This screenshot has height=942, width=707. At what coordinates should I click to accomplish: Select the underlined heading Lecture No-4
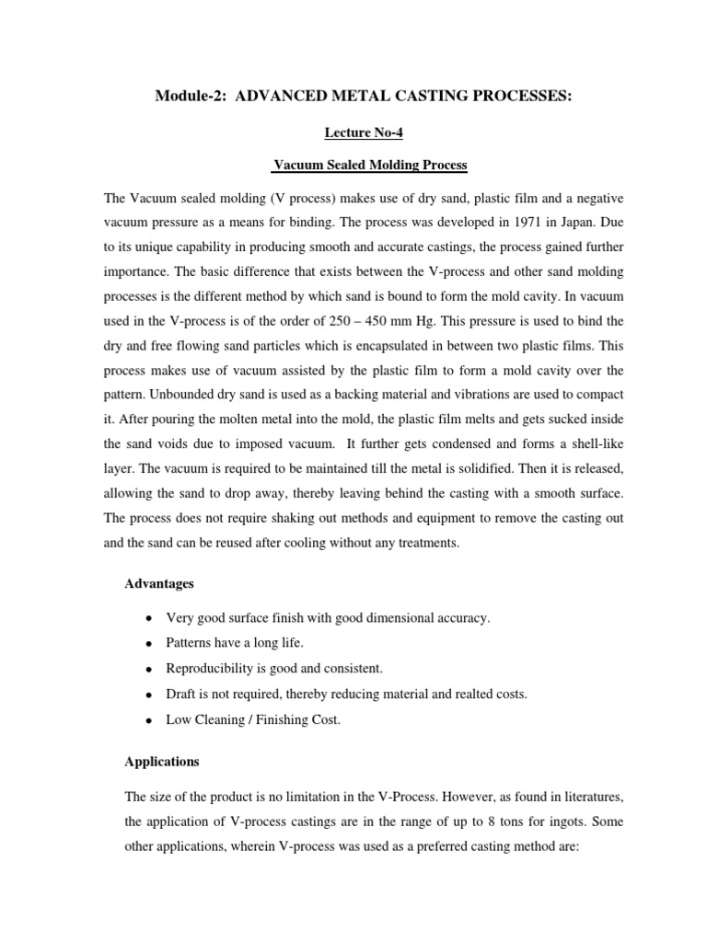364,133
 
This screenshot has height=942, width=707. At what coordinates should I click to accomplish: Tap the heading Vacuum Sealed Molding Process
370,166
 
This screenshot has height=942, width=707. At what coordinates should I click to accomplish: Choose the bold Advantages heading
156,584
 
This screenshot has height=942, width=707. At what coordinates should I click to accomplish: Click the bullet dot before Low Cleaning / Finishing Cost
148,720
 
